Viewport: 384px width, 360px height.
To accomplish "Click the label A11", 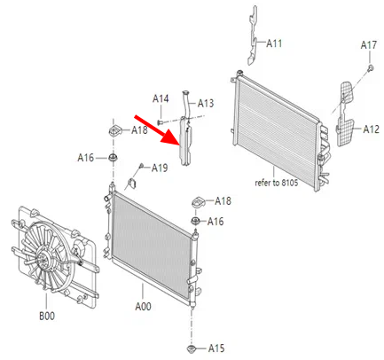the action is [274, 43].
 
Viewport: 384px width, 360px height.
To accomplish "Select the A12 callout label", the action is [371, 129].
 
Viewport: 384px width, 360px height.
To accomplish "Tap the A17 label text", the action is [369, 45].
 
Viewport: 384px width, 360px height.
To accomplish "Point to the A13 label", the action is [206, 104].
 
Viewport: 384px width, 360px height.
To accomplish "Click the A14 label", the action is [161, 98].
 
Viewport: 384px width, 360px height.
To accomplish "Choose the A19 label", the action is [160, 168].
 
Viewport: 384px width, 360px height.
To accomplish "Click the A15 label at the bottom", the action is [216, 348].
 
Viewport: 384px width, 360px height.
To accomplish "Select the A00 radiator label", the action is [143, 307].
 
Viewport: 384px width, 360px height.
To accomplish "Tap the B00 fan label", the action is [47, 316].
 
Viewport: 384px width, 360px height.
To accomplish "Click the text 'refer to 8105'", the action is [277, 183].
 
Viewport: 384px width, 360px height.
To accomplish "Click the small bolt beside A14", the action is [160, 121].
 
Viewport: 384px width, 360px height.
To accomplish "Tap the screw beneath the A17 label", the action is [371, 68].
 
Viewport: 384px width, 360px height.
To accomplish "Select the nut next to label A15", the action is [192, 348].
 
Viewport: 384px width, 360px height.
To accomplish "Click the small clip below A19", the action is [133, 184].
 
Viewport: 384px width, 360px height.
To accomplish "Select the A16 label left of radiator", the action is [86, 158].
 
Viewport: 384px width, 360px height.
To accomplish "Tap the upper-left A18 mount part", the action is [115, 131].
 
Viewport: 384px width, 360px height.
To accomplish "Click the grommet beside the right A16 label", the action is [195, 221].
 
